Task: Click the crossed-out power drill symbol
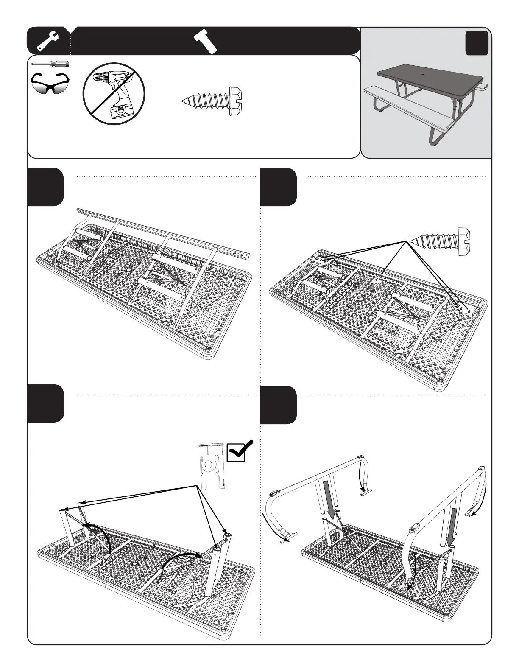[x=114, y=93]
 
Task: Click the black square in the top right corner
[x=477, y=44]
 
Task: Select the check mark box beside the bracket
[x=240, y=451]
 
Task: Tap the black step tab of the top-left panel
[x=46, y=187]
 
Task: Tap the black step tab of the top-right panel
[x=278, y=187]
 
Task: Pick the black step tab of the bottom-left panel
[x=46, y=403]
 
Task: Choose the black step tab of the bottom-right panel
[x=278, y=405]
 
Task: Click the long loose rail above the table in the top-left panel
[x=165, y=233]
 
